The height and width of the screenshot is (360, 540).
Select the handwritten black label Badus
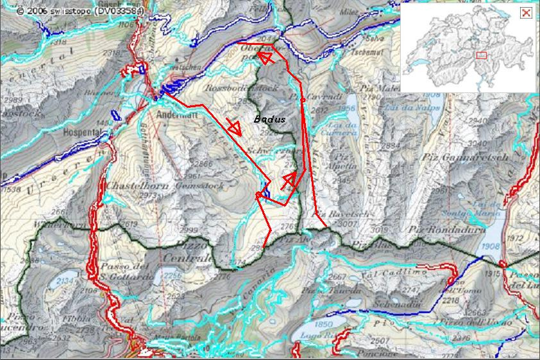pos(269,119)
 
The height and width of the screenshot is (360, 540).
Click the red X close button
pos(525,13)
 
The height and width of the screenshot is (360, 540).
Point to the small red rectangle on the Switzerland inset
pos(482,56)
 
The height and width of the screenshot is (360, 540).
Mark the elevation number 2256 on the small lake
pos(173,275)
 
